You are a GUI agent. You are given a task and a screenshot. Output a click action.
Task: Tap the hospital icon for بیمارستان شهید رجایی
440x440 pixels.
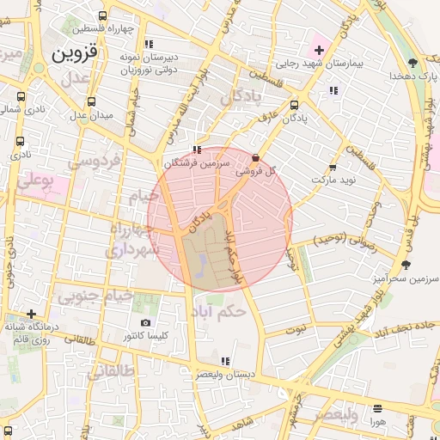[319, 50]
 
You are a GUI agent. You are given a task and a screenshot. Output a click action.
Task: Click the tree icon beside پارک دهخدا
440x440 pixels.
[413, 62]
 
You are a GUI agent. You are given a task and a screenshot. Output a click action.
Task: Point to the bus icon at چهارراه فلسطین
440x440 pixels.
[103, 15]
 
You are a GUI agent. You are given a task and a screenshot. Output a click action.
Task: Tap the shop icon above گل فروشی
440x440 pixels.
[256, 157]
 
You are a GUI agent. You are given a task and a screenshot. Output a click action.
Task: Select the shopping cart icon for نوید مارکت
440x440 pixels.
[333, 168]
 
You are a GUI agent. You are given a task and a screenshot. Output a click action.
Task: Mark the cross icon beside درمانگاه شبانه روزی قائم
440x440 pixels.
[32, 314]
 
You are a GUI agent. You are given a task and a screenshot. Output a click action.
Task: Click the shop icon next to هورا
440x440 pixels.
[376, 408]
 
